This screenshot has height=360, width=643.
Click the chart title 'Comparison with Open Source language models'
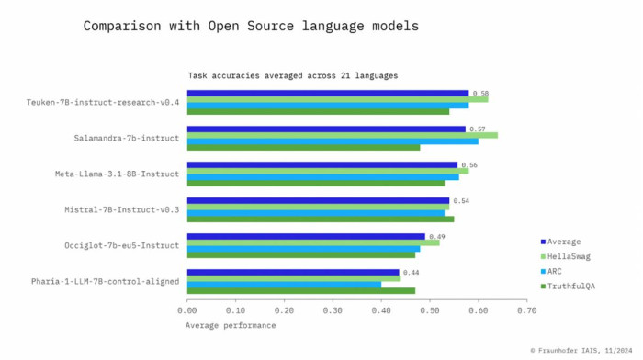[251, 26]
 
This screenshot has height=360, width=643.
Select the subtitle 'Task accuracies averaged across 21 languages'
[293, 75]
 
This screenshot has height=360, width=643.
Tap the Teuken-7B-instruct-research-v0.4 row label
[103, 102]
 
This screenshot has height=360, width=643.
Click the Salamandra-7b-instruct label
[127, 138]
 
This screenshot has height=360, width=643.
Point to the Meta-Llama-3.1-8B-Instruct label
[118, 174]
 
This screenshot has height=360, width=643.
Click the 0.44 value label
[411, 273]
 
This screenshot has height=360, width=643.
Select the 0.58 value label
[480, 94]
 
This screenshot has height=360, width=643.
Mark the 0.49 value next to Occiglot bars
[436, 237]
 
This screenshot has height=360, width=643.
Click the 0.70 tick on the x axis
[526, 311]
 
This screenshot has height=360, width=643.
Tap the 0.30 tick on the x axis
[333, 311]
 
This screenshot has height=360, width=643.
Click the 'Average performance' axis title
[230, 325]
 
